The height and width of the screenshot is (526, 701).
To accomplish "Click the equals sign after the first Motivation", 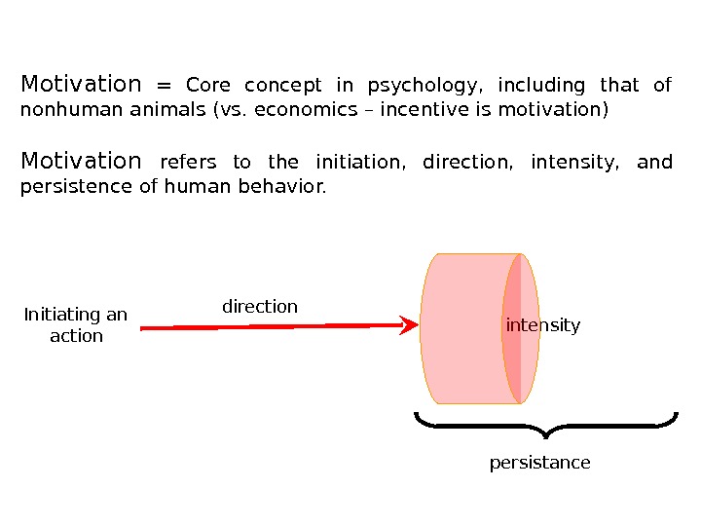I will [164, 86].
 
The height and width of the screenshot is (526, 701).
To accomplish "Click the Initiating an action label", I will [76, 325].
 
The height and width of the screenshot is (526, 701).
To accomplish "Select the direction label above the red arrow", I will [260, 307].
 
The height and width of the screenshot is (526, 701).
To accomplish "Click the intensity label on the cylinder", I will [543, 325].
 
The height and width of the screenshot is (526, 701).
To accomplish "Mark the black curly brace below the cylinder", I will [545, 425].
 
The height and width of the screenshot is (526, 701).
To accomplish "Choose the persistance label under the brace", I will [539, 463].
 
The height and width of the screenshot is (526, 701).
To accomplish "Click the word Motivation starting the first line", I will [81, 84].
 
